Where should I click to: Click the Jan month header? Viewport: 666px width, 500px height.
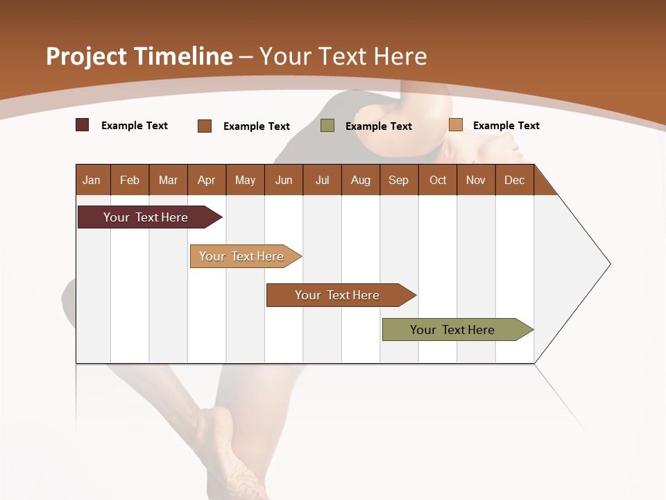coord(92,180)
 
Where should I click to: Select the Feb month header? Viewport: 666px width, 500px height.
coord(130,180)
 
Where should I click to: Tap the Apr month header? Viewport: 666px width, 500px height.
coord(206,180)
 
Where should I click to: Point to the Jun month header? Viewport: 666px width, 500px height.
coord(284,180)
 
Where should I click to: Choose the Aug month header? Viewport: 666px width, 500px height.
coord(361,180)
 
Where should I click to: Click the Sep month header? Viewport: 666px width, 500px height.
coord(398,180)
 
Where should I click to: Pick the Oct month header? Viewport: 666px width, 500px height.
coord(438,180)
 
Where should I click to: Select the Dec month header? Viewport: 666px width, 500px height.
coord(514,180)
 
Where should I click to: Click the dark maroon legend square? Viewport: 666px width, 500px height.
coord(83,125)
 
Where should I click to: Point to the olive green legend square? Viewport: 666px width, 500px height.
coord(327,126)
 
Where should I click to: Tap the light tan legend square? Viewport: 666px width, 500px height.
coord(456,125)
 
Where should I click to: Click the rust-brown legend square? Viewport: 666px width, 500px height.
coord(205,126)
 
